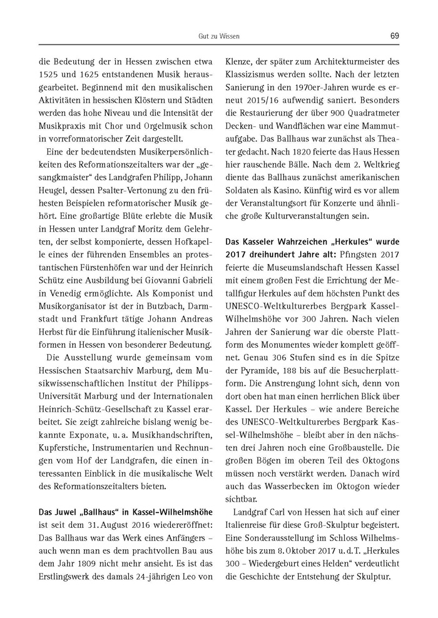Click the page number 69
tap(394, 36)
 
